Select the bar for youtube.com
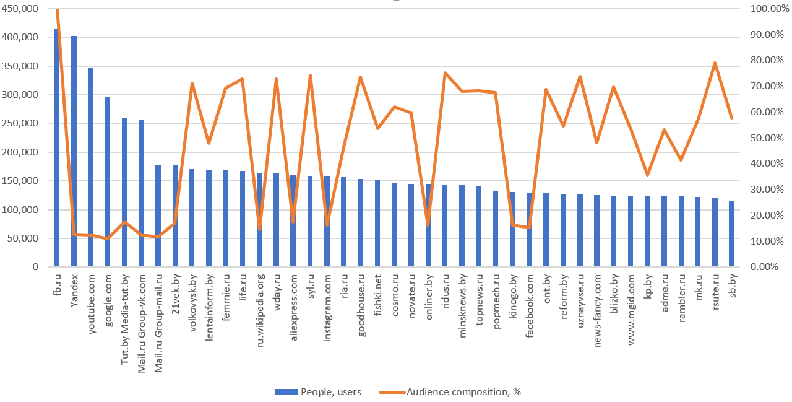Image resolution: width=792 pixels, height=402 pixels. click(x=91, y=167)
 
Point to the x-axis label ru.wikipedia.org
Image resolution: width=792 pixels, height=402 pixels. click(x=260, y=302)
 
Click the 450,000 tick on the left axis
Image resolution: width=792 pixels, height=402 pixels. click(x=21, y=9)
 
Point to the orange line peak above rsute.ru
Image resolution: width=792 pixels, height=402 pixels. click(x=715, y=63)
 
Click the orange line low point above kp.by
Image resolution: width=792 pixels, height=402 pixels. click(x=647, y=175)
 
